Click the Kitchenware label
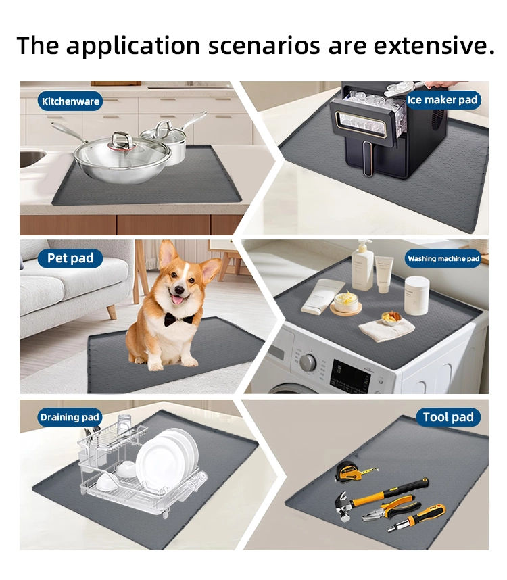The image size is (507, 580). (70, 101)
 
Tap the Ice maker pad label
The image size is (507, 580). (442, 100)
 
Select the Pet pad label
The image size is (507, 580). (70, 258)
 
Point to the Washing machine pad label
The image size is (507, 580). (443, 258)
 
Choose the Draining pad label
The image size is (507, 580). (70, 417)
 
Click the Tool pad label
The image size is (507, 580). (448, 417)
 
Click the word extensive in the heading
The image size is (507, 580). (434, 45)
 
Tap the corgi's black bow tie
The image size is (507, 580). (178, 319)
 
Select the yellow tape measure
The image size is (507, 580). (353, 471)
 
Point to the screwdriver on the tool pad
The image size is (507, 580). (416, 518)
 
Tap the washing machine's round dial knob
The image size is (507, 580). (308, 362)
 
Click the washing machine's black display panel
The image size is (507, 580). (349, 376)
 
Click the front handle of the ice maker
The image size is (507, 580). (367, 158)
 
